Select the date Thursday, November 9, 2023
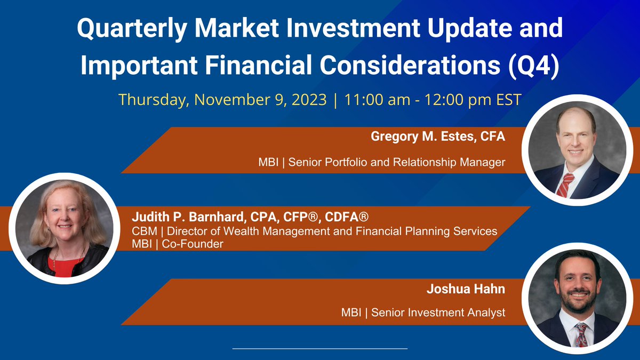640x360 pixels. point(222,100)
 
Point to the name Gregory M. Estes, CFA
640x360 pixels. point(437,137)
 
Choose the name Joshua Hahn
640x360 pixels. point(466,289)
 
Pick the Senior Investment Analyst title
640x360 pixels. point(438,313)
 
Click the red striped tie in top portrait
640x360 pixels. point(564,185)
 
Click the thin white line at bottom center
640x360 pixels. point(320,348)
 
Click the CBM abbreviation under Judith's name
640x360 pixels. point(143,231)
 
